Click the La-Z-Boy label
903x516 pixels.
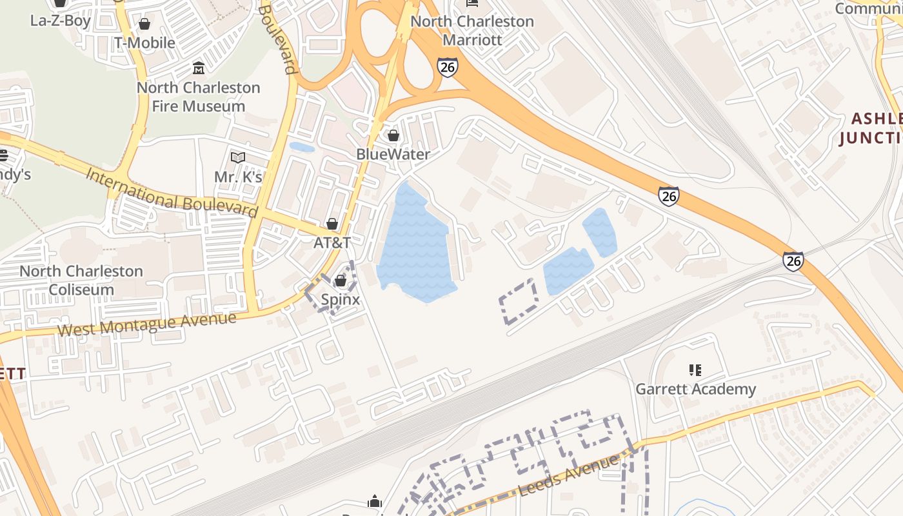click(60, 20)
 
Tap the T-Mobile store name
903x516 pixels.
click(144, 43)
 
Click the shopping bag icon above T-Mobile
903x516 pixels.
click(144, 24)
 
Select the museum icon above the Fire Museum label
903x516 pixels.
click(199, 68)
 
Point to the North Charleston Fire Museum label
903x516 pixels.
click(199, 97)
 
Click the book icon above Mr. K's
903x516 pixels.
click(238, 157)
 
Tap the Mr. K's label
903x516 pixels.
click(238, 177)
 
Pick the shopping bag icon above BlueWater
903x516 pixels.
click(393, 135)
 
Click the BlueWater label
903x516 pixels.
click(393, 155)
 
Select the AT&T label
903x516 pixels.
click(332, 243)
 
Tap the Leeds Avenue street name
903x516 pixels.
click(567, 475)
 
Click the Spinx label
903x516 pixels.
click(341, 299)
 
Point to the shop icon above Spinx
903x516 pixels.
click(341, 281)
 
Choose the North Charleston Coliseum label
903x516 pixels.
click(81, 280)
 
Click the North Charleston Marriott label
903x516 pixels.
click(472, 30)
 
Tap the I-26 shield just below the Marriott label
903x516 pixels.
click(447, 67)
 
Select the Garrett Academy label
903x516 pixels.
click(695, 389)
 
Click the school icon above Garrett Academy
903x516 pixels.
click(695, 370)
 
